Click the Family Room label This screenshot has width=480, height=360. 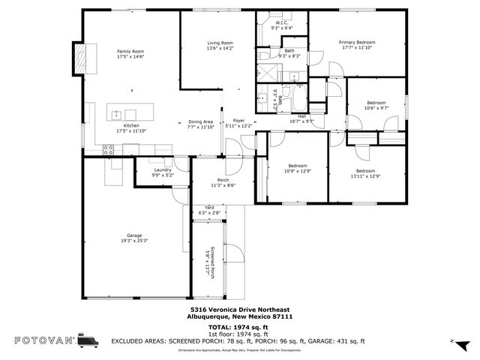coord(130,52)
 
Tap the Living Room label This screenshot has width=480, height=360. coord(220,43)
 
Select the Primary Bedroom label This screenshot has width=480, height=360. coord(356,43)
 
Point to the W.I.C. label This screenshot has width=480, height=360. coord(283,23)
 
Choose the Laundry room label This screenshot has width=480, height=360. coord(163,169)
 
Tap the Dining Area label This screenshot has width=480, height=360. coord(200,121)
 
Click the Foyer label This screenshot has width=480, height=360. coord(238,121)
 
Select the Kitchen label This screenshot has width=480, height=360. coord(131,125)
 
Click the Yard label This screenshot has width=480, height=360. coord(209,208)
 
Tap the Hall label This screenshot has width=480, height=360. coord(301,116)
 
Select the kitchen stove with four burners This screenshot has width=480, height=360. coord(108,148)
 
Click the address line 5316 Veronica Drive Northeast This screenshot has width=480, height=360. coord(240,310)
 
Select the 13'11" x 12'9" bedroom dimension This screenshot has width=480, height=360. coord(365,176)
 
